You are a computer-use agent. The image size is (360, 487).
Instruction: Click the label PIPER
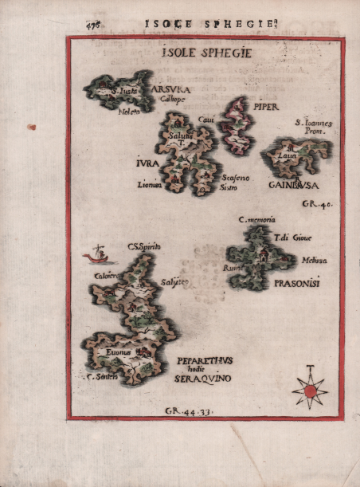coord(267,104)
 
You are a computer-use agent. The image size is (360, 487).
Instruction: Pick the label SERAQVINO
coord(203,379)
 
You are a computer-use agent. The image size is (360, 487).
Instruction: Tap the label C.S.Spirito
coord(143,248)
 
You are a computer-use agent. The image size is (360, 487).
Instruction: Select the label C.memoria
coord(256,219)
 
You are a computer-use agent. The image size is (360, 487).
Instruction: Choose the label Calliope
coord(171,100)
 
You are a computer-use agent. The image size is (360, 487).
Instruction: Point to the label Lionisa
coord(149,184)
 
